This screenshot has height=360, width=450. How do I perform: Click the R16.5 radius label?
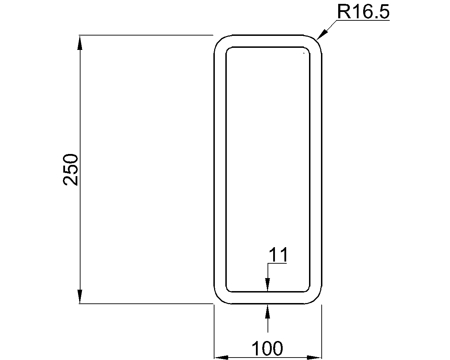click(x=363, y=11)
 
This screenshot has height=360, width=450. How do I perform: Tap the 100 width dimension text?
click(x=267, y=348)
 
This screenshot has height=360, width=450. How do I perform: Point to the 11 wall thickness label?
click(x=278, y=255)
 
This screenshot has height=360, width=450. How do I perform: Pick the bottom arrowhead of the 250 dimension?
click(x=80, y=297)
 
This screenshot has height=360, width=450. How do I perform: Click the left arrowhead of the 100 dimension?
click(x=221, y=358)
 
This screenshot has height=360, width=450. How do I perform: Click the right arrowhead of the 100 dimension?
click(x=315, y=358)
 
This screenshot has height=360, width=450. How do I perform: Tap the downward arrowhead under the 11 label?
click(x=268, y=285)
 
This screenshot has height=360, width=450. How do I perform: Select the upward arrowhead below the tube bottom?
click(x=268, y=311)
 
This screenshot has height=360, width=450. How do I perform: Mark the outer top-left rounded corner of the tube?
click(x=219, y=40)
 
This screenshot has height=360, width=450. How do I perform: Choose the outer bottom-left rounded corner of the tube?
click(x=219, y=298)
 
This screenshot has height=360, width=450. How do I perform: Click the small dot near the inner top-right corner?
click(x=304, y=53)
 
